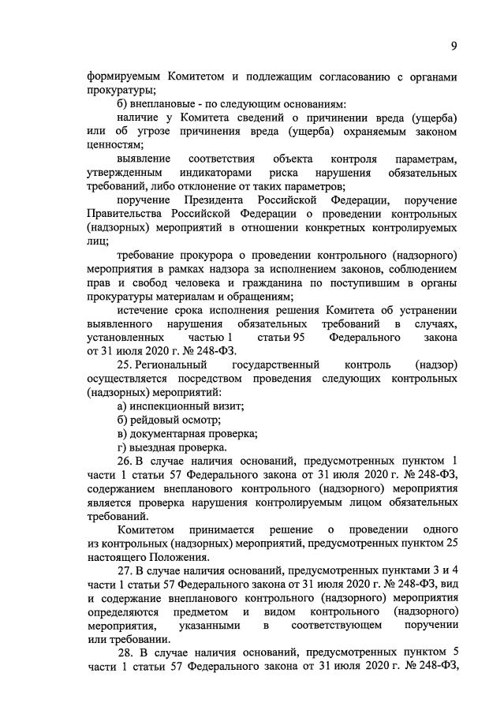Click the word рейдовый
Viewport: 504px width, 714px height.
click(x=155, y=420)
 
